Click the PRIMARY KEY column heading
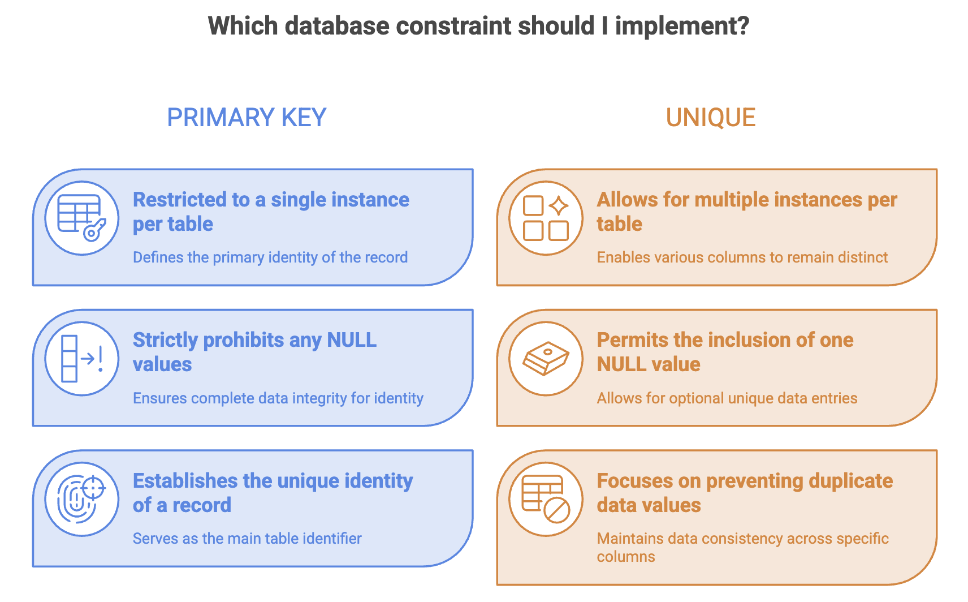pyautogui.click(x=247, y=118)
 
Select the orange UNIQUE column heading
pyautogui.click(x=711, y=118)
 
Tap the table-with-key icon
pyautogui.click(x=81, y=218)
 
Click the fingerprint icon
pyautogui.click(x=81, y=499)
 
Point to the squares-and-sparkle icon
pyautogui.click(x=546, y=218)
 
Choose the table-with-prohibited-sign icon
pyautogui.click(x=546, y=499)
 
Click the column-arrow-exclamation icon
pyautogui.click(x=81, y=359)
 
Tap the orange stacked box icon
pyautogui.click(x=546, y=359)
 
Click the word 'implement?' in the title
pyautogui.click(x=682, y=27)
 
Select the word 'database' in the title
pyautogui.click(x=337, y=26)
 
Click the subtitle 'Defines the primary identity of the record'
pyautogui.click(x=270, y=257)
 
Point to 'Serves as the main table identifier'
pyautogui.click(x=247, y=539)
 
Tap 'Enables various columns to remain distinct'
pyautogui.click(x=742, y=257)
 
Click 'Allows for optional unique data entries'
pyautogui.click(x=727, y=398)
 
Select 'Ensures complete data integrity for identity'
pyautogui.click(x=278, y=398)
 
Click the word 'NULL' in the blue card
pyautogui.click(x=352, y=340)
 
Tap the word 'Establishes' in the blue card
pyautogui.click(x=185, y=481)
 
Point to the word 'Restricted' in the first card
pyautogui.click(x=179, y=200)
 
